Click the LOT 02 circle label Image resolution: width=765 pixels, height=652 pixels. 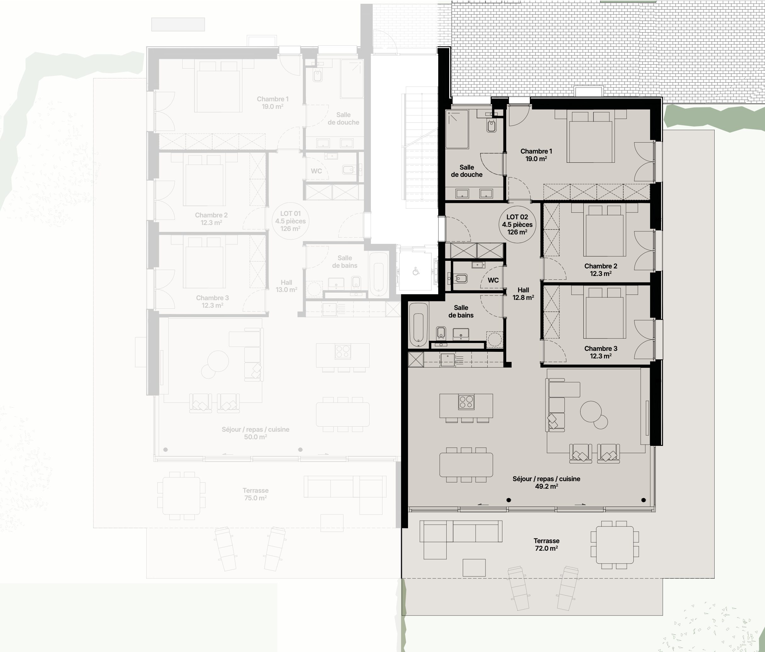point(517,224)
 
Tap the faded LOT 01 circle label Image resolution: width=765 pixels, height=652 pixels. point(290,221)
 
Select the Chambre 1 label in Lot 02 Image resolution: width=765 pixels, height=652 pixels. point(536,155)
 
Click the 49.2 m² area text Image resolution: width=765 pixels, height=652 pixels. point(547,486)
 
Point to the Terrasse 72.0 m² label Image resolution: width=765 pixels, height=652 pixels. point(547,544)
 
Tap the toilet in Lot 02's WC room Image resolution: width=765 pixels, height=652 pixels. point(460,278)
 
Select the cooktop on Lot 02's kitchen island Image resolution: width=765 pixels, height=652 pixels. point(466,402)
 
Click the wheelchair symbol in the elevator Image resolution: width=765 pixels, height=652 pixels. point(416,272)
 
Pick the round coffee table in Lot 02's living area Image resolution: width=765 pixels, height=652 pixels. point(591,412)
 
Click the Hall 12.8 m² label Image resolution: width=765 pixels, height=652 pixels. point(523,294)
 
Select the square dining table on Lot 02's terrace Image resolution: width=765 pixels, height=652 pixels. point(615,544)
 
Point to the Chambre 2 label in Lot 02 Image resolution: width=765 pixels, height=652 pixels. point(601,270)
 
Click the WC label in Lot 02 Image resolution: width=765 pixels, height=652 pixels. point(493,280)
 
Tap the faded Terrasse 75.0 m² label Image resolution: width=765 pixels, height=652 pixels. point(256,494)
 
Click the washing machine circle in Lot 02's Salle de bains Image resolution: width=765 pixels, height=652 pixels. point(494,339)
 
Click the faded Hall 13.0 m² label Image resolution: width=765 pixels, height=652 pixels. point(286,286)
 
